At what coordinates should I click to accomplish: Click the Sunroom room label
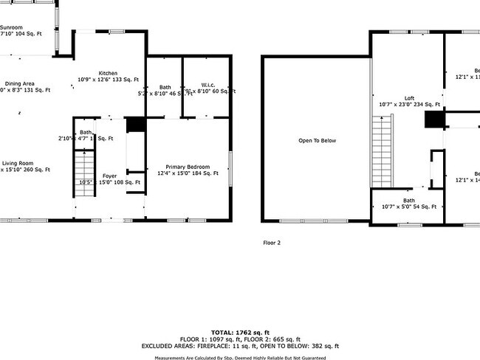pos(11,27)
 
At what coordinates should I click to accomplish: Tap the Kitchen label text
pos(109,73)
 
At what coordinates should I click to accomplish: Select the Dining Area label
pos(20,84)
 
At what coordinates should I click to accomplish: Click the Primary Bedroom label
pos(188,167)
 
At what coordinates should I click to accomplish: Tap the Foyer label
pos(109,176)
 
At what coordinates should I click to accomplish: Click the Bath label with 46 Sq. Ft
pos(165,87)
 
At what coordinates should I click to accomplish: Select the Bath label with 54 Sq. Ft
pos(408,201)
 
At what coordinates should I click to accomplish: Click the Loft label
pos(409,98)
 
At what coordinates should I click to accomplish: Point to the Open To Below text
pos(317,140)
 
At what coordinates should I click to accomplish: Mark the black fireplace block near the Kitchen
pos(135,125)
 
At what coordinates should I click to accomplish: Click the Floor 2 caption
pos(272,242)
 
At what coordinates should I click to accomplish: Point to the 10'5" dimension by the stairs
pos(85,181)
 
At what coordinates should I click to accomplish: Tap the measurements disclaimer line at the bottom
pos(239,357)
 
